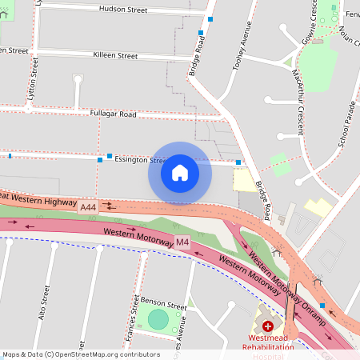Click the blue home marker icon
[180, 173]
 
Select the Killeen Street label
[115, 56]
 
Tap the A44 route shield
[88, 207]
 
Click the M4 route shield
[182, 242]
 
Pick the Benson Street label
[164, 306]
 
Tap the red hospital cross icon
[267, 326]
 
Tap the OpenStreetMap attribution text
[80, 354]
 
